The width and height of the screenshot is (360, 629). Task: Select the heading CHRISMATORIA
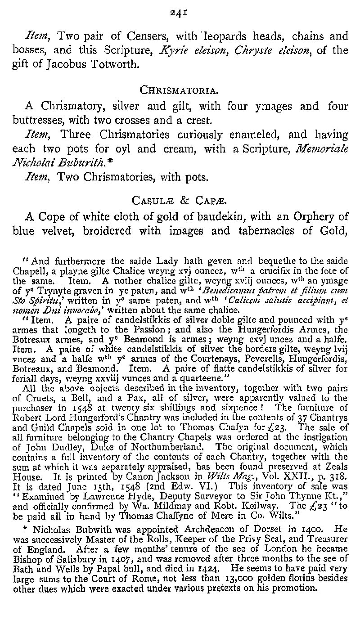pos(180,90)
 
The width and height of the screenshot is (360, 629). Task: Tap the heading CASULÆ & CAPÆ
pos(180,199)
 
